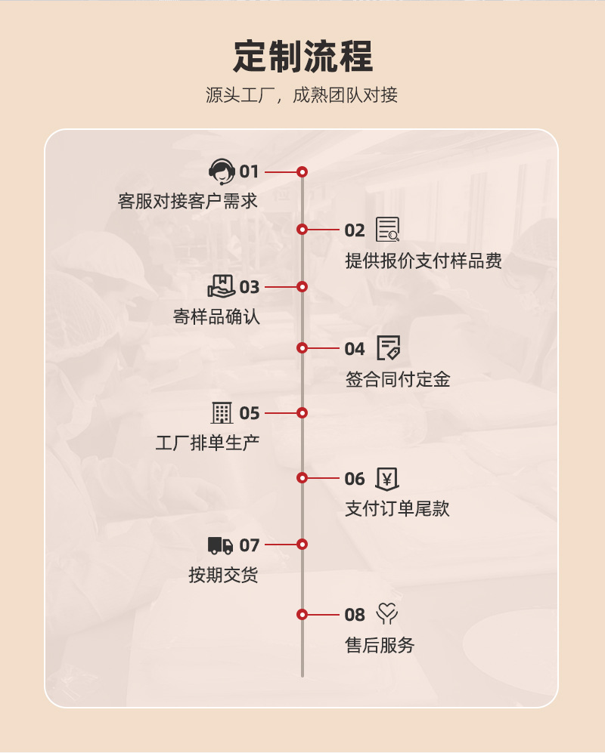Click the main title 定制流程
tap(302, 57)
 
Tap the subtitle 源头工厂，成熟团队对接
tap(302, 96)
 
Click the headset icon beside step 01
tap(222, 172)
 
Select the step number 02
tap(355, 230)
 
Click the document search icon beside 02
tap(388, 230)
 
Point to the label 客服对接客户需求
tap(188, 202)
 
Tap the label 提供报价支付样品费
tap(423, 261)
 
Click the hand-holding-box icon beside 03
tap(222, 287)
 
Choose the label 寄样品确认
tap(216, 316)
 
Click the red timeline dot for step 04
tap(302, 348)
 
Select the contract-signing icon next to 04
tap(388, 348)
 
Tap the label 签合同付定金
tap(398, 379)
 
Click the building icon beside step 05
tap(222, 413)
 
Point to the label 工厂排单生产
tap(207, 443)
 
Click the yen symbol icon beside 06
tap(387, 478)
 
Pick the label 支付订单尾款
tap(398, 509)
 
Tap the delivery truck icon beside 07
tap(221, 545)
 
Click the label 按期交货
tap(223, 575)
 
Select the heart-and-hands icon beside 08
tap(387, 614)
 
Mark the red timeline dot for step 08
tap(302, 615)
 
